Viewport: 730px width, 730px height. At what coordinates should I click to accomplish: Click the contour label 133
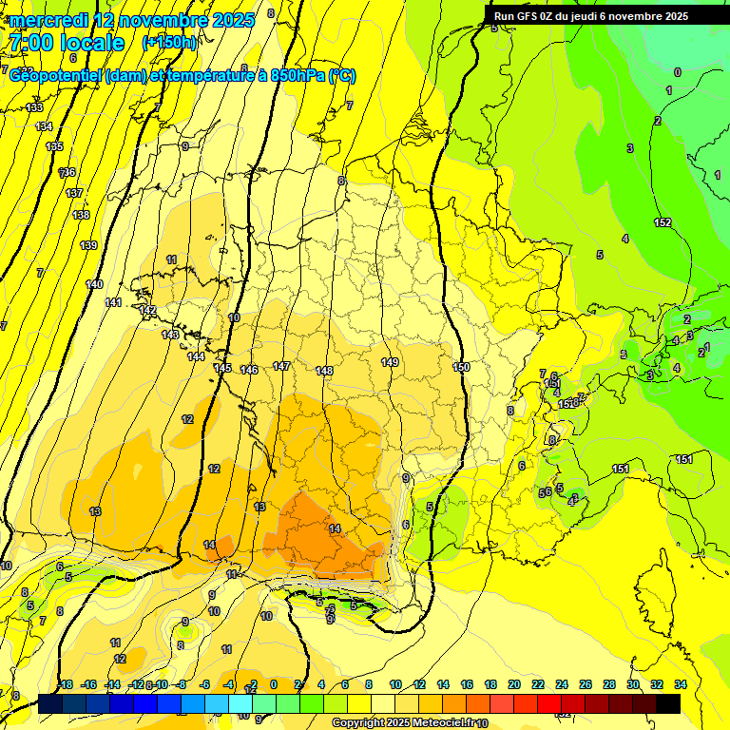(x=34, y=107)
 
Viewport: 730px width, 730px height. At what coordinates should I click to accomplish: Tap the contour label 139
(x=88, y=245)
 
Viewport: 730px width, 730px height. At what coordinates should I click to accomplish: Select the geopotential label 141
(x=113, y=302)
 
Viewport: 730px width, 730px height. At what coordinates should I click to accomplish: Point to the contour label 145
(x=222, y=368)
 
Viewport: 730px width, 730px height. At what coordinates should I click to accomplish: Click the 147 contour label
(x=281, y=366)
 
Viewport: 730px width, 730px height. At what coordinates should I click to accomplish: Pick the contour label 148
(x=324, y=371)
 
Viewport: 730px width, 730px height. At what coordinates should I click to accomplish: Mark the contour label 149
(x=390, y=362)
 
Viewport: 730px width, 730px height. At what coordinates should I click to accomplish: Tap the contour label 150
(x=461, y=367)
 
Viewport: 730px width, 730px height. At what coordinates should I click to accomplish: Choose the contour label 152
(x=663, y=222)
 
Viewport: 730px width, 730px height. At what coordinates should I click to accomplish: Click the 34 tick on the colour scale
(x=680, y=684)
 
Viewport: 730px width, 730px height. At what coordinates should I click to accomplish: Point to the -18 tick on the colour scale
(x=65, y=684)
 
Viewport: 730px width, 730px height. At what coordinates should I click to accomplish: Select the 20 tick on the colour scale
(x=514, y=684)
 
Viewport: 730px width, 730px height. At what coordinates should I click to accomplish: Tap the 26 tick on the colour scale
(x=585, y=684)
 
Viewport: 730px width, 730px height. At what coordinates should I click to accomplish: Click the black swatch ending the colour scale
(x=668, y=703)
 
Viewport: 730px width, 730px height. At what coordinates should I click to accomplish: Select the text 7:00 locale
(x=67, y=43)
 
